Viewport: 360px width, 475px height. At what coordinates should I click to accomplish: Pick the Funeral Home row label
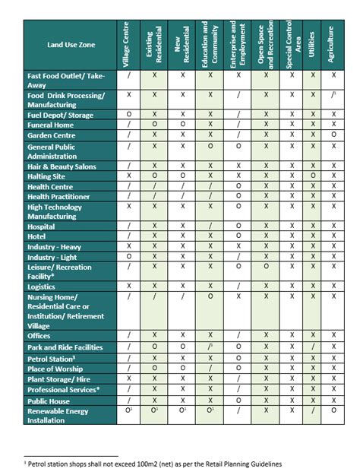(x=51, y=125)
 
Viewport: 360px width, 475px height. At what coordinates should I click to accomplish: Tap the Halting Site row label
(x=47, y=176)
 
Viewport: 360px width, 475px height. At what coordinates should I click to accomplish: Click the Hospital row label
(x=42, y=226)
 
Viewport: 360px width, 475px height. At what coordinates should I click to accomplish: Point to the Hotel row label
(x=37, y=236)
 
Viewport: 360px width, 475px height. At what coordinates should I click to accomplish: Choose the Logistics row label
(x=41, y=287)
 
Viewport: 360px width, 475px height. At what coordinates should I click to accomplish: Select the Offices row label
(x=39, y=336)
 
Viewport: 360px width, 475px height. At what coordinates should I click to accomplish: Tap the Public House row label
(x=49, y=400)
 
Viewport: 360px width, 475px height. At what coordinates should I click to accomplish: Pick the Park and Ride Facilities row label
(x=65, y=347)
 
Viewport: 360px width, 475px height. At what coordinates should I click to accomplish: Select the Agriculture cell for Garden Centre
(x=333, y=135)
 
